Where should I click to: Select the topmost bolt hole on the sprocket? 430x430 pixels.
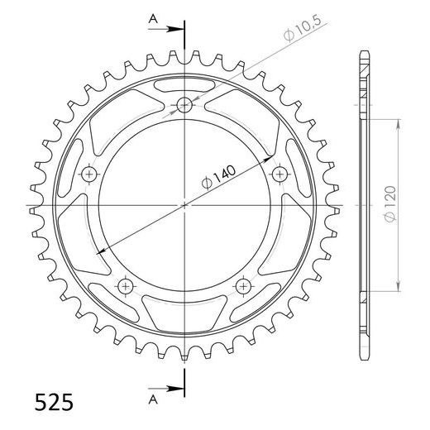184,105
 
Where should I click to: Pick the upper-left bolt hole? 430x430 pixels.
89,174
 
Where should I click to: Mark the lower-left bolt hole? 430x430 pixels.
126,285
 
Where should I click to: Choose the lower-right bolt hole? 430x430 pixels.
242,285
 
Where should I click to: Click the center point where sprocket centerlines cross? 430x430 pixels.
184,204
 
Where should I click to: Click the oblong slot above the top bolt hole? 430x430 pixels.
184,88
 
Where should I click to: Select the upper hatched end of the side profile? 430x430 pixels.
364,83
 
